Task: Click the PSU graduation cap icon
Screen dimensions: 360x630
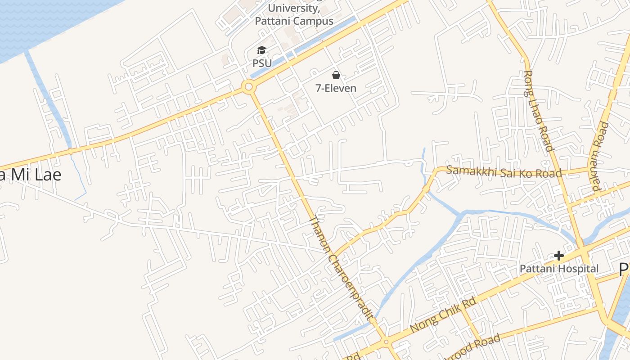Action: [262, 50]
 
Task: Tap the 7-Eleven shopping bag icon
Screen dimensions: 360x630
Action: [336, 75]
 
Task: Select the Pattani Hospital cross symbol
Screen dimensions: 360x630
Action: [559, 256]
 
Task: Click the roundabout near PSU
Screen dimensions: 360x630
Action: [248, 87]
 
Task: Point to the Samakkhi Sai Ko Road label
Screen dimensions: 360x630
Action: [504, 172]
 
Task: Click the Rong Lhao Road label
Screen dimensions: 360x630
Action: [538, 110]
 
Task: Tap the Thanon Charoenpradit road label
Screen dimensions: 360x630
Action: [342, 268]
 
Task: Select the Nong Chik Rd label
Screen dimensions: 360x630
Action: [443, 315]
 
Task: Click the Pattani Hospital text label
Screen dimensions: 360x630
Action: [559, 269]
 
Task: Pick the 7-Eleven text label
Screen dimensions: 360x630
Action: [336, 88]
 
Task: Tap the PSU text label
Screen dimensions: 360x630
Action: [262, 63]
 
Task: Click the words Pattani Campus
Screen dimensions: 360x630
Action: [294, 21]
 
